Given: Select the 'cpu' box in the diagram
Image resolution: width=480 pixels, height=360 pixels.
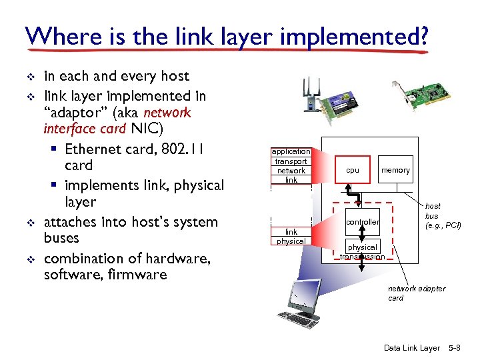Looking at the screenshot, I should [x=353, y=171].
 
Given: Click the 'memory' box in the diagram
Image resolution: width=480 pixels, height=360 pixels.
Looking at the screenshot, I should [x=395, y=171].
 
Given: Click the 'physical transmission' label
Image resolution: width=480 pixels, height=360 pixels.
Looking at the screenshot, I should [x=363, y=252].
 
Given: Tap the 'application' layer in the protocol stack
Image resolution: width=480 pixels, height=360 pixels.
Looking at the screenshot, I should [x=291, y=152].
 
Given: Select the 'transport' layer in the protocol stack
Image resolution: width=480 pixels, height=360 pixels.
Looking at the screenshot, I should [x=291, y=161].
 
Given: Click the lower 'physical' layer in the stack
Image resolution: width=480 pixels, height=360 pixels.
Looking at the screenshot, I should [x=291, y=241].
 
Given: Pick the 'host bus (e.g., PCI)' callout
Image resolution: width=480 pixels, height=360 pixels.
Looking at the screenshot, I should [x=443, y=216].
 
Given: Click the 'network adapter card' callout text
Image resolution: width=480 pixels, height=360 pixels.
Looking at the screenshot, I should [x=416, y=293].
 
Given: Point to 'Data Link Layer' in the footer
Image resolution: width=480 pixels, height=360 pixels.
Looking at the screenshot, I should [x=411, y=348].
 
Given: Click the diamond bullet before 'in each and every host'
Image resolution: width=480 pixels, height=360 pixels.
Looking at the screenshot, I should [x=29, y=77].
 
